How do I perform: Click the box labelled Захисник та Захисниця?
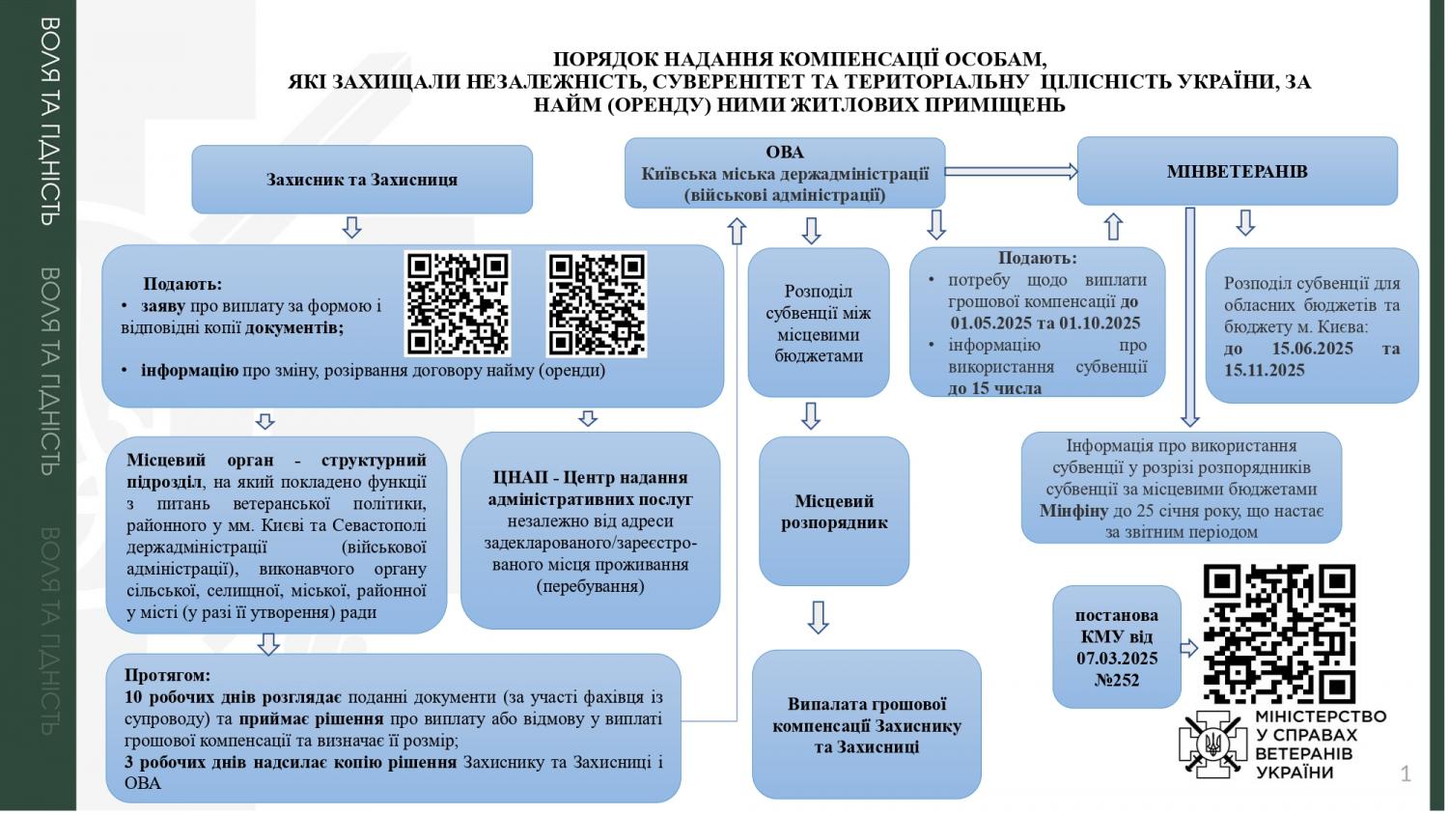(362, 180)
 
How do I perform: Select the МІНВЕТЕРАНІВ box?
(1238, 172)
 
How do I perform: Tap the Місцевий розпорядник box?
(834, 511)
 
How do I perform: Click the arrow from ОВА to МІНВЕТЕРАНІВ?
(1011, 172)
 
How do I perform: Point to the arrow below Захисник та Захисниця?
(351, 227)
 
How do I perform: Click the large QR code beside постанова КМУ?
(1279, 633)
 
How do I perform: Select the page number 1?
(1406, 773)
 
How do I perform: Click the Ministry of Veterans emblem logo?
(1212, 745)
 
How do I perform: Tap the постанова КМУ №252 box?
(1117, 647)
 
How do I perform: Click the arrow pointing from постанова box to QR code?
(1189, 648)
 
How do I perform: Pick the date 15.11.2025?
(1265, 370)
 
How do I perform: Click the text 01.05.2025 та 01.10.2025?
(1045, 323)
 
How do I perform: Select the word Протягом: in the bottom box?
(167, 675)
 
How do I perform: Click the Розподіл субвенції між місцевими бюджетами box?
(819, 323)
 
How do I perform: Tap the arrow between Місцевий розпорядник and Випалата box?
(819, 617)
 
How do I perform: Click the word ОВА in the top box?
(785, 152)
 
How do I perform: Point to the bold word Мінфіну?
(1073, 511)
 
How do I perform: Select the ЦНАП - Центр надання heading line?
(590, 477)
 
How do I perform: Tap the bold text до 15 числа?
(995, 389)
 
